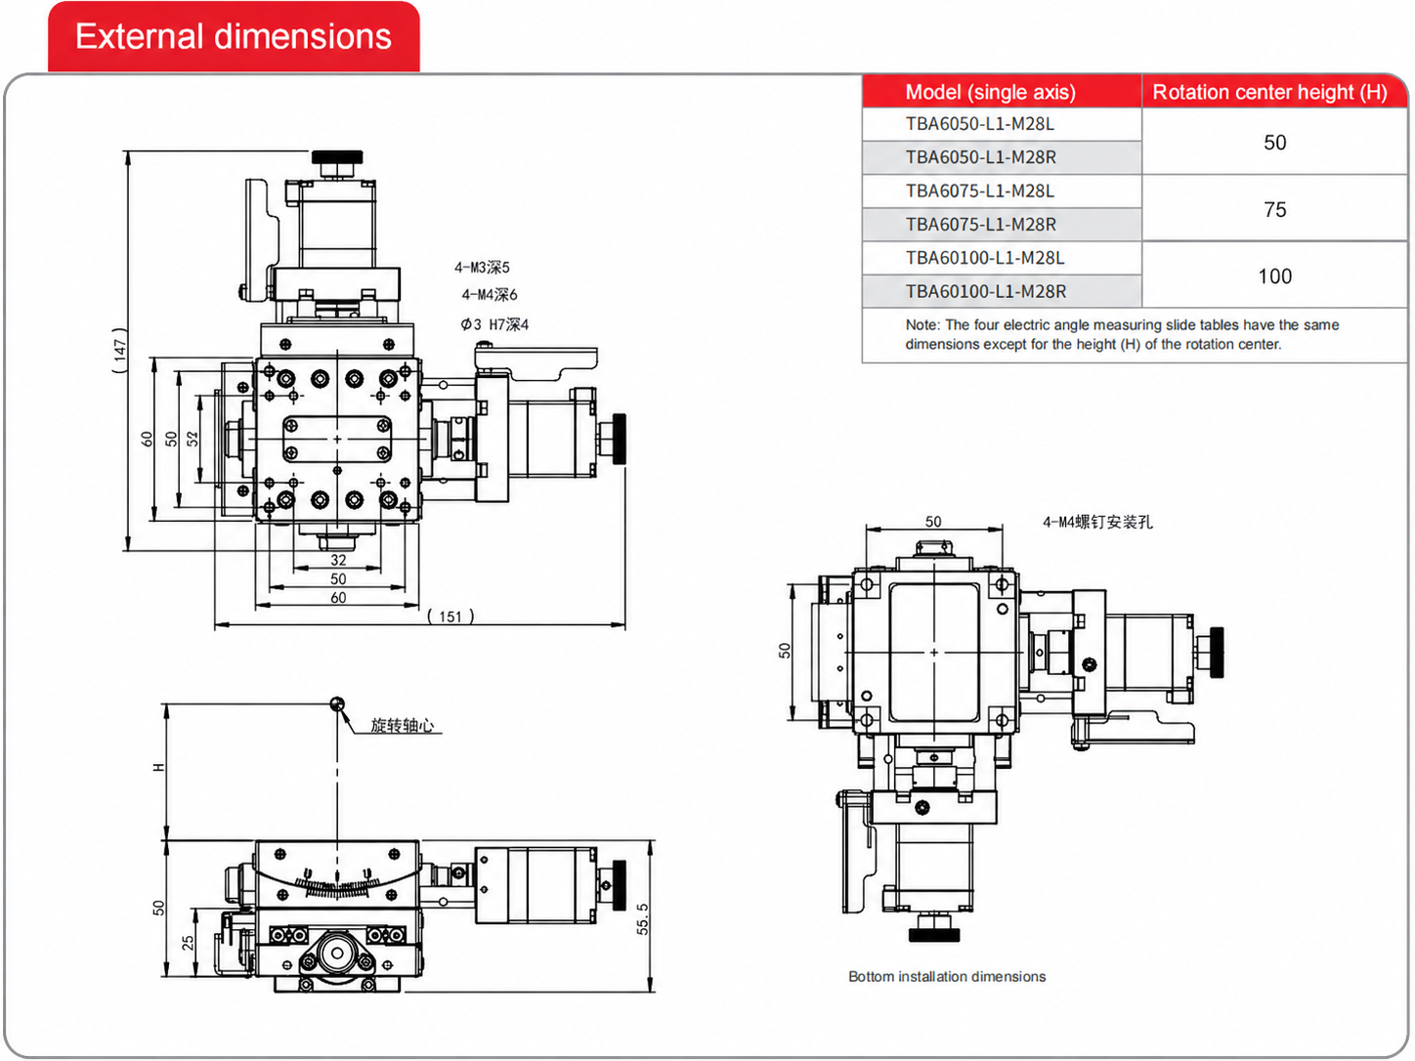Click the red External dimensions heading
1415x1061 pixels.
[234, 36]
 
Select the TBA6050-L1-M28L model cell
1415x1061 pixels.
[979, 124]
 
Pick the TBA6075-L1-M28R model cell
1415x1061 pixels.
[980, 224]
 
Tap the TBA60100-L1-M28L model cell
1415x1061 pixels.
[984, 258]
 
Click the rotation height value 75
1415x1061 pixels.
[1274, 209]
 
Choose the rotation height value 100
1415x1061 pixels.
[1274, 276]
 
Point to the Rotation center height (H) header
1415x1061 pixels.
[1269, 92]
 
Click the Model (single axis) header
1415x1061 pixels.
[990, 92]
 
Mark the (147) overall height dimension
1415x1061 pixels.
[120, 351]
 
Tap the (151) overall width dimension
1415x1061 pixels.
[450, 616]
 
